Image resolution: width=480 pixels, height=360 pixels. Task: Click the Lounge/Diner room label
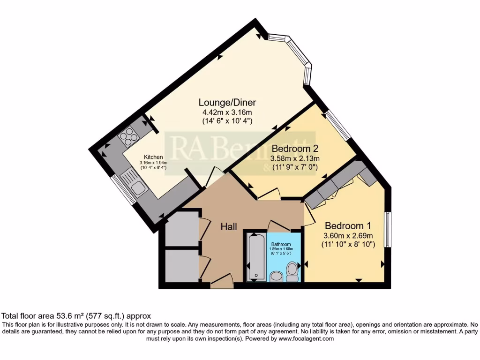227,102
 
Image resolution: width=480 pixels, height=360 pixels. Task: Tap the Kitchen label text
153,157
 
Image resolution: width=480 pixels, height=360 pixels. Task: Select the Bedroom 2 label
295,149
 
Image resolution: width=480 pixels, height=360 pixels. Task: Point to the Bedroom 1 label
348,225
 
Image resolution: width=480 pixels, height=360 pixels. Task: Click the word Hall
229,226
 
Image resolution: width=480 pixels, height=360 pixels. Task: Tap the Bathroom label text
281,244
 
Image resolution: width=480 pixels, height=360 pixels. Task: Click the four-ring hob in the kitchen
128,136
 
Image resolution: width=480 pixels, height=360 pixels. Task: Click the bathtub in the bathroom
255,256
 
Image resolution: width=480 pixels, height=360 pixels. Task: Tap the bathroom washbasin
276,277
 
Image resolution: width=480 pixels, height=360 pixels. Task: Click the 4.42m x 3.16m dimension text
227,112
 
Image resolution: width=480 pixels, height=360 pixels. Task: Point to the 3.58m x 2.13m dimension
295,158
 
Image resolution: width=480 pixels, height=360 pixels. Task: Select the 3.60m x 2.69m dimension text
348,235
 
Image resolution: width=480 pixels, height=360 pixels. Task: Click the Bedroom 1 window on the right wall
388,229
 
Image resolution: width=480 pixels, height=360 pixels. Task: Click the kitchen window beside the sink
123,189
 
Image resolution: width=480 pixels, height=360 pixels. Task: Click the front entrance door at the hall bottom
222,281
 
